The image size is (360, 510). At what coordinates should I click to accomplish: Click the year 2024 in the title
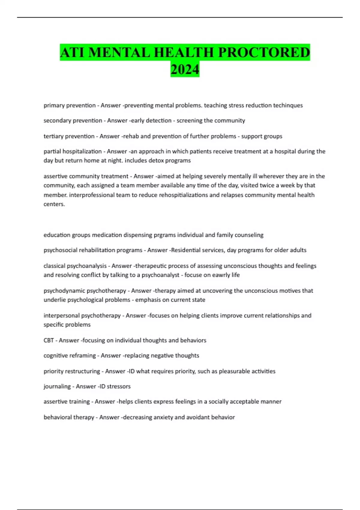[185, 69]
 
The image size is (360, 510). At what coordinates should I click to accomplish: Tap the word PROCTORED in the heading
[264, 52]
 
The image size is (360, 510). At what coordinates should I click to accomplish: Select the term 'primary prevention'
[69, 105]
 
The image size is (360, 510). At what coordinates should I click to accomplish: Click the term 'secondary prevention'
[73, 121]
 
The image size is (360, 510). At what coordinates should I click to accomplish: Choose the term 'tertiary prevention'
[69, 136]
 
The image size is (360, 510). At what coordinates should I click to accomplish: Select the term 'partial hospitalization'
[73, 151]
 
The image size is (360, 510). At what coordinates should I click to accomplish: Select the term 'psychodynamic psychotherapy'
[85, 291]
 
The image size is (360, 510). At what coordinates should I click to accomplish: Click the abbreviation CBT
[49, 340]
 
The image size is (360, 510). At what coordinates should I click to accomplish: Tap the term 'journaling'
[57, 386]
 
